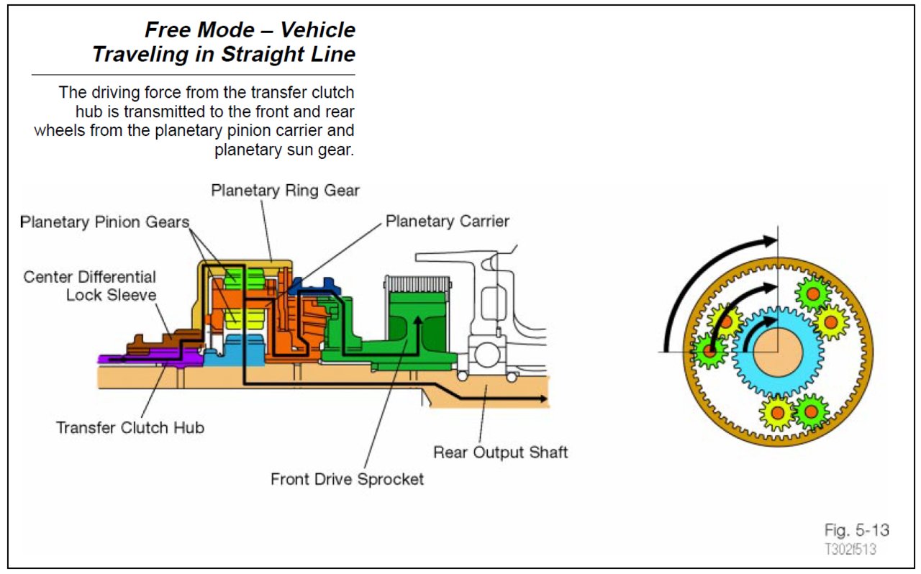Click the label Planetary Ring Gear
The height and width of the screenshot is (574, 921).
click(285, 191)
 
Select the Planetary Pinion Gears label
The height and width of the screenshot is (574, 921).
click(104, 222)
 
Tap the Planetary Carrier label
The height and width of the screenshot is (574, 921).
click(448, 222)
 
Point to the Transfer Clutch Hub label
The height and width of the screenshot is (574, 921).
click(130, 427)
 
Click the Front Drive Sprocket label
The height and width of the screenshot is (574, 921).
click(347, 479)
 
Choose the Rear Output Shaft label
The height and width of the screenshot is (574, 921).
click(500, 452)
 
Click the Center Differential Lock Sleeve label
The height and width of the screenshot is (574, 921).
click(90, 286)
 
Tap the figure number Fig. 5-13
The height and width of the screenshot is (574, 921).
click(856, 530)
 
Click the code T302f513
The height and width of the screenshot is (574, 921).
click(850, 550)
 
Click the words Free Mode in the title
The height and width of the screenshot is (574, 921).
click(200, 30)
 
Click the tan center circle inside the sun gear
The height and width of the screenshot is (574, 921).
click(778, 352)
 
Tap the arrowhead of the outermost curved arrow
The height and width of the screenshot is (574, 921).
click(771, 241)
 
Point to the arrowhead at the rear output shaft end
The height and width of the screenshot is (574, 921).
click(543, 398)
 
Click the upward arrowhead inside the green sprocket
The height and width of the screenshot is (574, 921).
click(417, 321)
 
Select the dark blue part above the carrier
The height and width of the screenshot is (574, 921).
click(314, 286)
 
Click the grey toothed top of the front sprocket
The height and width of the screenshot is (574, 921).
click(418, 283)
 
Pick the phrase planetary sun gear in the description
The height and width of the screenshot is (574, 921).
click(283, 150)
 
